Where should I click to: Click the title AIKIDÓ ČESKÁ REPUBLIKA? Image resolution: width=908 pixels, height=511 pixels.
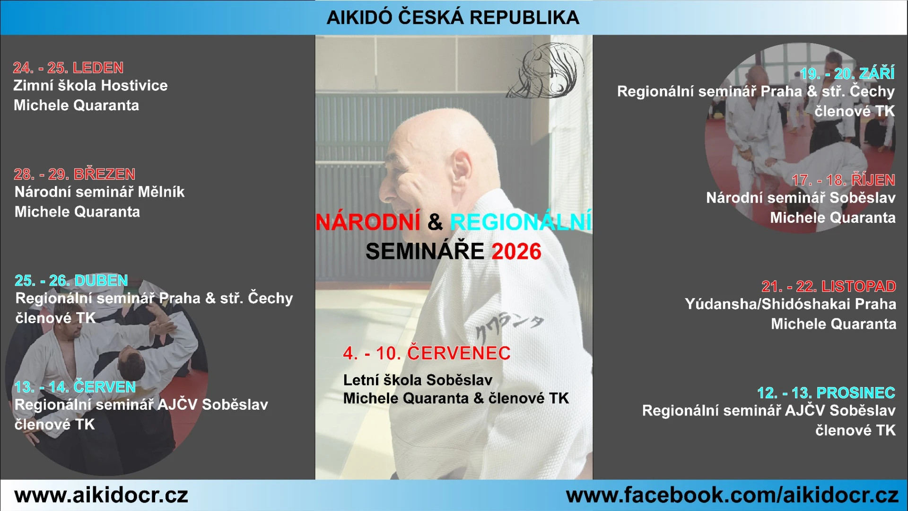point(453,18)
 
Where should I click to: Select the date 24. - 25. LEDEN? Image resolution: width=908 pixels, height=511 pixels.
point(68,68)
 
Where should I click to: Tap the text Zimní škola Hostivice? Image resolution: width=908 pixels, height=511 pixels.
point(90,86)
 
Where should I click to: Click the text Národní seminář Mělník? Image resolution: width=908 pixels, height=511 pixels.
point(99,192)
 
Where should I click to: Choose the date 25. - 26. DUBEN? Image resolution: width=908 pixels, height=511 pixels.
point(71,281)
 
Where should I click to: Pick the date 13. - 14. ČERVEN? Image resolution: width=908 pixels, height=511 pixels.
point(75,387)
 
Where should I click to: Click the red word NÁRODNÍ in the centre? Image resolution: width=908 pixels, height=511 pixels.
point(368,222)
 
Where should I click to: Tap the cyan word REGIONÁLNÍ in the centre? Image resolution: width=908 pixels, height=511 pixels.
point(520,222)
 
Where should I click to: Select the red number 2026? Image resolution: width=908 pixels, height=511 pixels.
point(516,251)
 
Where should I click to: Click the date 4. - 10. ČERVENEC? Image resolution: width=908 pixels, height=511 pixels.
point(427,353)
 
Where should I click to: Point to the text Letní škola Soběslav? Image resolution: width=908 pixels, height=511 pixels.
point(418,380)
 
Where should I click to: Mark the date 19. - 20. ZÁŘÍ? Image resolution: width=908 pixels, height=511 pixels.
point(847,73)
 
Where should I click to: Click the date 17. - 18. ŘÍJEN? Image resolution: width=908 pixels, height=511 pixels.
point(844,180)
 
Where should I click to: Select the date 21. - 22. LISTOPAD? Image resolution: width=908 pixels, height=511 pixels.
point(829,286)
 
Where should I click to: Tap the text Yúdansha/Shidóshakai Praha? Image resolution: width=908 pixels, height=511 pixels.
point(790,304)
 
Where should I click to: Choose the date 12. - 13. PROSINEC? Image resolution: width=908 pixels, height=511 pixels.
point(826,393)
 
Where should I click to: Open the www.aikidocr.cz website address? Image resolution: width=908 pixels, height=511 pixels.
point(101,495)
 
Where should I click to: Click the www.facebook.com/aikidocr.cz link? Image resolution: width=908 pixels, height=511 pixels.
point(732,495)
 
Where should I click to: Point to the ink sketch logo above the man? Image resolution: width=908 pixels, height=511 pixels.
point(545,70)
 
